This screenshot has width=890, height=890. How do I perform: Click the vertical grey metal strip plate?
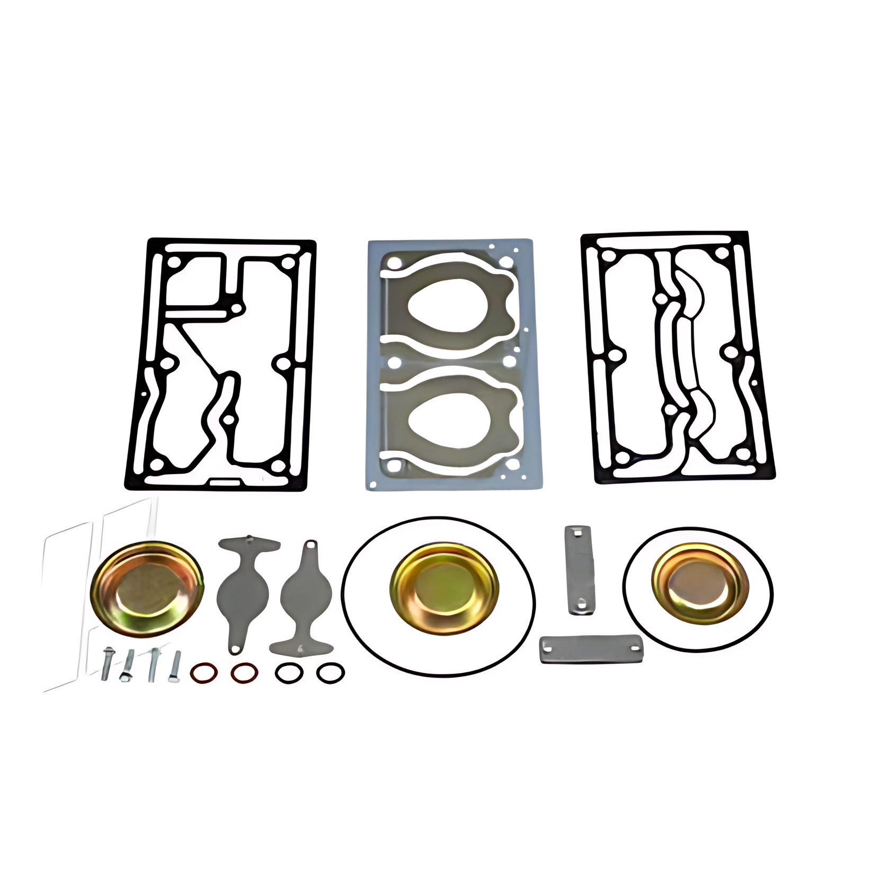578,570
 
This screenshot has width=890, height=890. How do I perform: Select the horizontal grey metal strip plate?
591,649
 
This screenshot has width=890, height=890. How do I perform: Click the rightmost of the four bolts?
174,666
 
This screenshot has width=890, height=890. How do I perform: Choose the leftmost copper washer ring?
203,673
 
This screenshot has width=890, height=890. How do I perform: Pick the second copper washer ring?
245,673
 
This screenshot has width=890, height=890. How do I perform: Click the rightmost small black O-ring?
331,673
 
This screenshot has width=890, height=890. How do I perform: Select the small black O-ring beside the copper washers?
289,673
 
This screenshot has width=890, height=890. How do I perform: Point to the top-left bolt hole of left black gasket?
173,263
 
